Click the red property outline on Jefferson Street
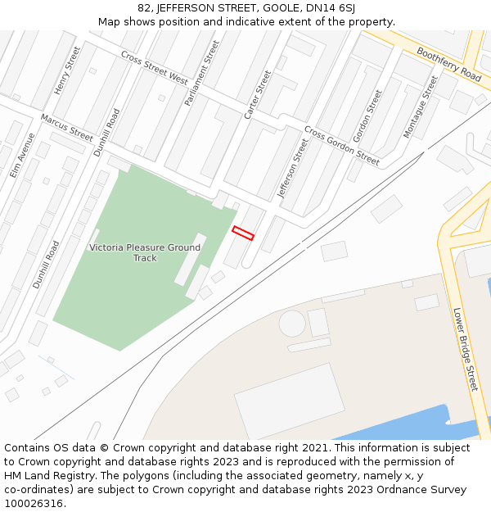(243, 233)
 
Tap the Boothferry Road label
(448, 63)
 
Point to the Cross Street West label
(155, 67)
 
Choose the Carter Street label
(257, 94)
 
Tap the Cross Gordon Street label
(341, 145)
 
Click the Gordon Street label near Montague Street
(367, 116)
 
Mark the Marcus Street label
(67, 127)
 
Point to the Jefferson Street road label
(294, 168)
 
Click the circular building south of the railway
(292, 324)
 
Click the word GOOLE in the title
(281, 7)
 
